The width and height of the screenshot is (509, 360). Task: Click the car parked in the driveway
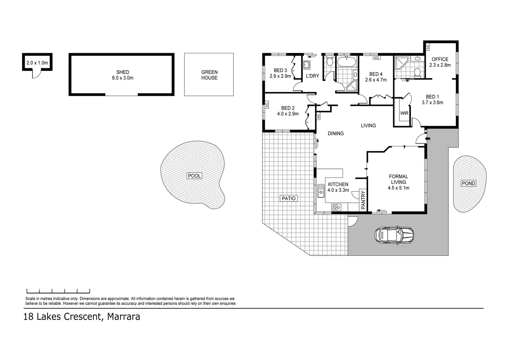point(394,235)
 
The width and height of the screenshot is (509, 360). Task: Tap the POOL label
point(194,176)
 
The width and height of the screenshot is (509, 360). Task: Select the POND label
point(469,184)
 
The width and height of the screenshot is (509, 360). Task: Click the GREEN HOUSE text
point(210,75)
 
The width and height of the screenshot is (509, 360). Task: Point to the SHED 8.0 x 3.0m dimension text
point(123,78)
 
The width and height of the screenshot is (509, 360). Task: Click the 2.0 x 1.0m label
point(37,63)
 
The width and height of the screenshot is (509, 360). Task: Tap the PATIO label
point(289,199)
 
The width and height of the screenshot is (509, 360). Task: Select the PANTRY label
point(363,200)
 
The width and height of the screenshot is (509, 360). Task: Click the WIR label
point(404,113)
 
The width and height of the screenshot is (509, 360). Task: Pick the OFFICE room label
point(440,59)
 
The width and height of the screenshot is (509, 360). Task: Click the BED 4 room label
point(376,74)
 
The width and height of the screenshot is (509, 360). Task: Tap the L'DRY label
point(312,76)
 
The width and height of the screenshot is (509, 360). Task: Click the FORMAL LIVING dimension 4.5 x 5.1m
point(398,188)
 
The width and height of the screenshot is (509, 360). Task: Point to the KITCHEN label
point(338,184)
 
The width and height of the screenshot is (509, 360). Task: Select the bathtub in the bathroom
point(346,62)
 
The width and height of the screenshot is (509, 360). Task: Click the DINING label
point(336,133)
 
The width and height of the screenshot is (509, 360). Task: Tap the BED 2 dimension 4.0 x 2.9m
point(288,114)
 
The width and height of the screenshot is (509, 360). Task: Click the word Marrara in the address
point(123,317)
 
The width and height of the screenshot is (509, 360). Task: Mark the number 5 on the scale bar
point(90,290)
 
